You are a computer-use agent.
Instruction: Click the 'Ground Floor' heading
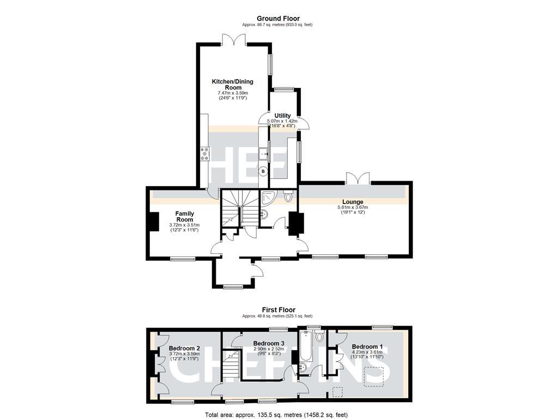[x=278, y=19]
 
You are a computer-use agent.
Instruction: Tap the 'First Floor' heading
[x=278, y=310]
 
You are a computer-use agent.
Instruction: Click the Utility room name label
[x=282, y=115]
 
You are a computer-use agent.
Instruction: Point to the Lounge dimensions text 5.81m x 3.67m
[x=353, y=207]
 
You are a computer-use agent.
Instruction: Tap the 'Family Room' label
[x=184, y=216]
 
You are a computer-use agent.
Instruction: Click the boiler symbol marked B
[x=263, y=171]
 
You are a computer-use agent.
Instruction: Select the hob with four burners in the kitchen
[x=205, y=154]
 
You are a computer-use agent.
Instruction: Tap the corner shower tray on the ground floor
[x=269, y=197]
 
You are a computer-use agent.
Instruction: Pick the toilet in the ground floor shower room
[x=288, y=195]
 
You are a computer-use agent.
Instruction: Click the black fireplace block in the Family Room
[x=153, y=222]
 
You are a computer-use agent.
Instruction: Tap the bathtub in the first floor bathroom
[x=305, y=347]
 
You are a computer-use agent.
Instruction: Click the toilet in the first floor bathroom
[x=319, y=335]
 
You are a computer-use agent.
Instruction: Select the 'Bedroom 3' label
[x=269, y=343]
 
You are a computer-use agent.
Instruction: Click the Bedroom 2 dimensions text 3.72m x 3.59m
[x=184, y=354]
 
